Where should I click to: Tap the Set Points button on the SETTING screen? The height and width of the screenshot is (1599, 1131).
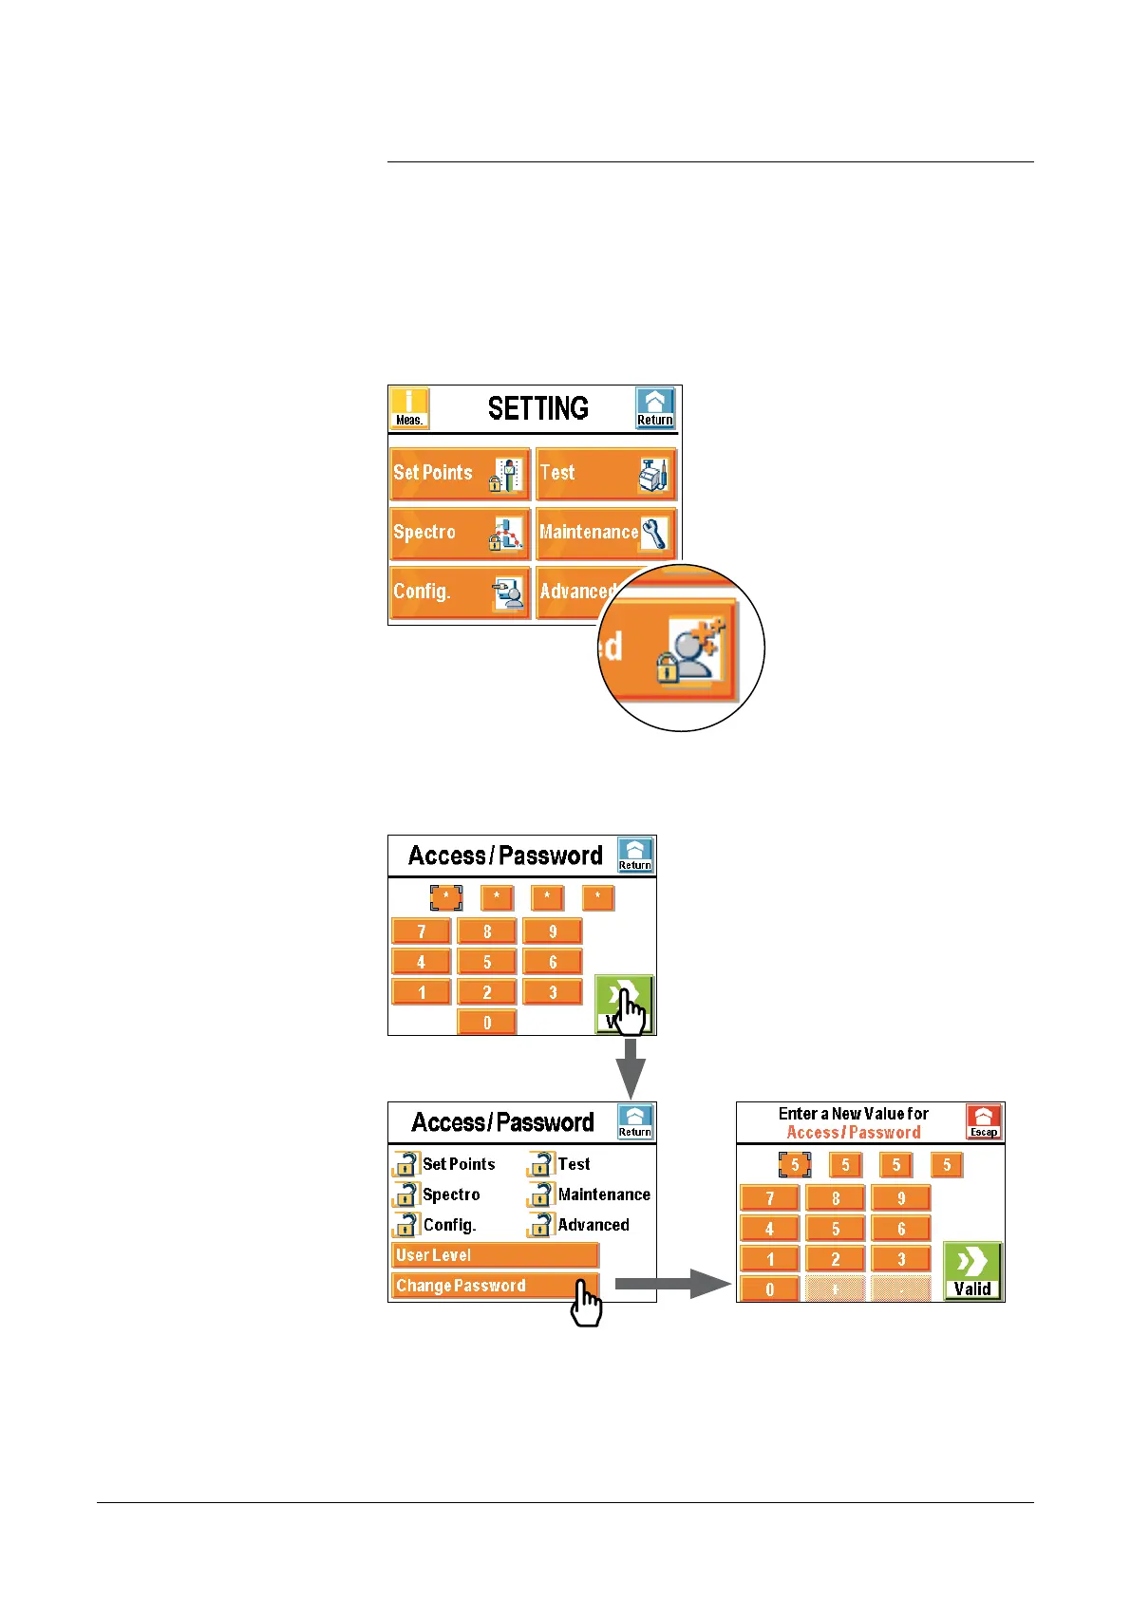pyautogui.click(x=460, y=474)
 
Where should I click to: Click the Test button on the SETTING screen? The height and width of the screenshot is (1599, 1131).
pyautogui.click(x=606, y=474)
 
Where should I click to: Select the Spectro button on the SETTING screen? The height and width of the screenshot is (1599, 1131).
pyautogui.click(x=460, y=534)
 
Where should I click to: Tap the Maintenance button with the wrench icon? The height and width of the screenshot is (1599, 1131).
pyautogui.click(x=606, y=534)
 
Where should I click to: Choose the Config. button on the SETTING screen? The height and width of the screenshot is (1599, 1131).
pyautogui.click(x=460, y=593)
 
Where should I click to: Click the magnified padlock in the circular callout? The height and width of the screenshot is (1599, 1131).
pyautogui.click(x=667, y=670)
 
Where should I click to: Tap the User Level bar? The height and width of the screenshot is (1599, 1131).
pyautogui.click(x=495, y=1255)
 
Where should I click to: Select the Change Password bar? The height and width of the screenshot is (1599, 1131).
pyautogui.click(x=495, y=1286)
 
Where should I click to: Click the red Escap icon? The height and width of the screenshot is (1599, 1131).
pyautogui.click(x=984, y=1121)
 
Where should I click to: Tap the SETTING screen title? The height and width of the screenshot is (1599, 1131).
pyautogui.click(x=537, y=409)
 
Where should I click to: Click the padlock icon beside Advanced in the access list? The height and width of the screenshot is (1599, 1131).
pyautogui.click(x=541, y=1225)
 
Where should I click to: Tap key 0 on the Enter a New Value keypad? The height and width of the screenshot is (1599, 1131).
pyautogui.click(x=769, y=1289)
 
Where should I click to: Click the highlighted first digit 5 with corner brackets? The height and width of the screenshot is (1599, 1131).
pyautogui.click(x=795, y=1165)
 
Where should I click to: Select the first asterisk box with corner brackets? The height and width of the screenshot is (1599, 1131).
pyautogui.click(x=446, y=897)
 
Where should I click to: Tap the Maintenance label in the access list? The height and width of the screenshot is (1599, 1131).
pyautogui.click(x=604, y=1195)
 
